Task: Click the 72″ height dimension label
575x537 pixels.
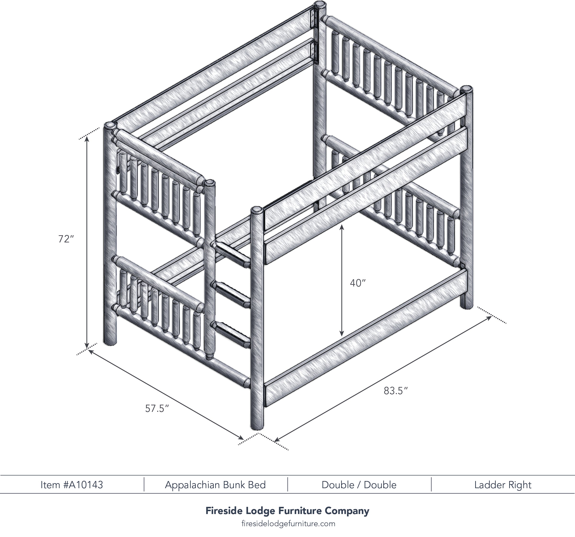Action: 66,239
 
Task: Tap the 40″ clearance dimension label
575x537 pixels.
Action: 358,283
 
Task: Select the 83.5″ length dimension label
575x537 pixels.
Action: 396,391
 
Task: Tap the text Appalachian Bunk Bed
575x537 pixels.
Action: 215,485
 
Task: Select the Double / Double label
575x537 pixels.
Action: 359,485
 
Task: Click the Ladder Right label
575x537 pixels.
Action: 503,485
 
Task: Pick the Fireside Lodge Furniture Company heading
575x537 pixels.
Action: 287,511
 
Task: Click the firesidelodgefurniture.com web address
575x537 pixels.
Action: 288,524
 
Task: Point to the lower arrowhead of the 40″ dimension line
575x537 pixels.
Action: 342,333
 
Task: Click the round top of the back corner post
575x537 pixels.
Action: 320,5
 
